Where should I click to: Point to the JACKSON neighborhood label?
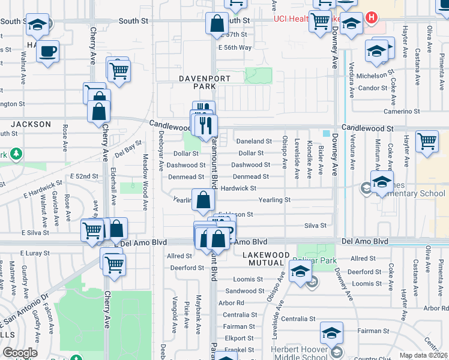click(x=31, y=124)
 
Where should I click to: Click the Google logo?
click(x=20, y=352)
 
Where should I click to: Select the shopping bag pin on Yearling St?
click(x=203, y=200)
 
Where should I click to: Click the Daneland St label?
click(x=255, y=142)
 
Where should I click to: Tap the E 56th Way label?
click(x=235, y=47)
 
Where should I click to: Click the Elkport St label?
click(x=240, y=338)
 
